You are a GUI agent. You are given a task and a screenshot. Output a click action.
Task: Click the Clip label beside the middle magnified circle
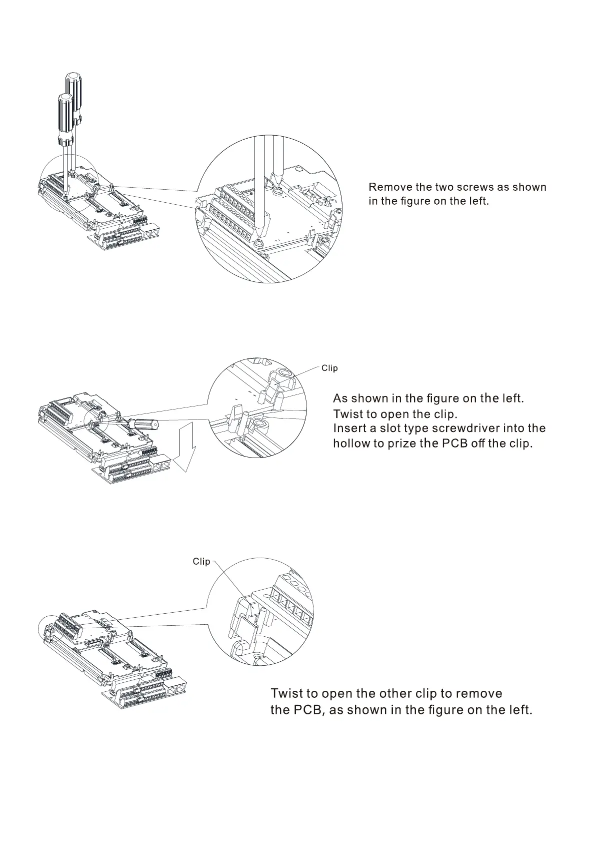[329, 368]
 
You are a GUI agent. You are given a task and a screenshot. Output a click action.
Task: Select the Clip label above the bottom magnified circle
[201, 561]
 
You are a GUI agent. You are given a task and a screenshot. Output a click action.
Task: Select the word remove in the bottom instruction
[478, 693]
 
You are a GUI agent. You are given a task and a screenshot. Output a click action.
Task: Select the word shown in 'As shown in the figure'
[369, 398]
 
